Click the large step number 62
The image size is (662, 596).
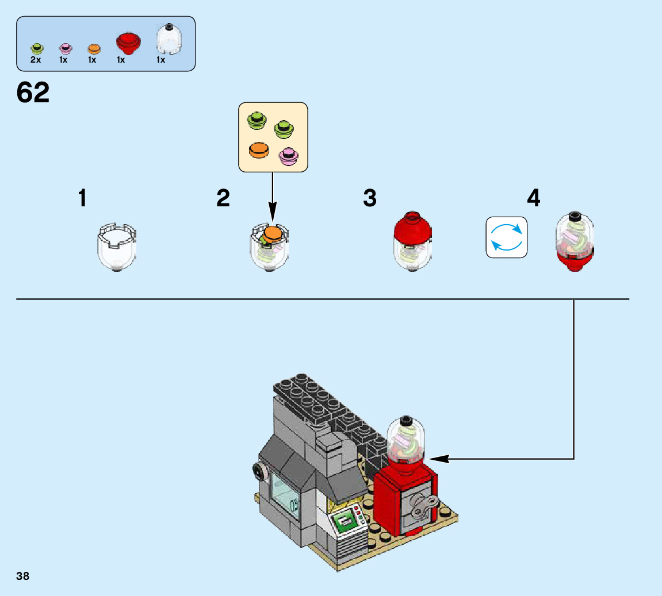coord(33,92)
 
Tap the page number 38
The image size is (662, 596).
coord(22,575)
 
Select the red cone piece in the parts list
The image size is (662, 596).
coord(128,43)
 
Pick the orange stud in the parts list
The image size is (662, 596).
coord(93,49)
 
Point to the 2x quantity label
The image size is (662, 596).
coord(36,60)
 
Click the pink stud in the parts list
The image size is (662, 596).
coord(64,49)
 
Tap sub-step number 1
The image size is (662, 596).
coord(83,199)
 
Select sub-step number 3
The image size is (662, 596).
coord(370,199)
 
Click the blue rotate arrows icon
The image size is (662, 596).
coord(506,237)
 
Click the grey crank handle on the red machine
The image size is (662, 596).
coord(424,506)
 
